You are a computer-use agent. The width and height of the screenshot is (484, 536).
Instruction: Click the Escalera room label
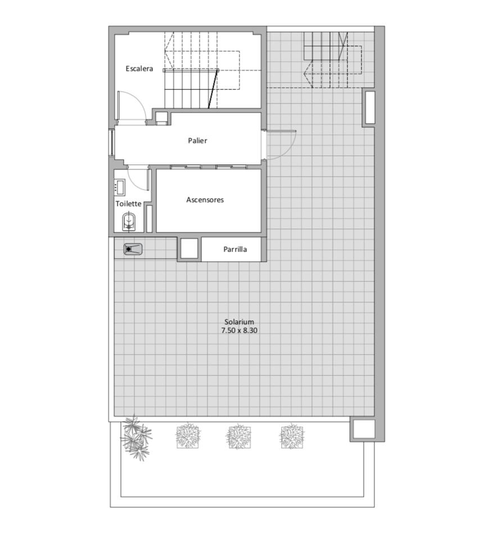tap(139, 68)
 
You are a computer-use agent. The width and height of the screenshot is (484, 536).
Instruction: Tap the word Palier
tap(197, 141)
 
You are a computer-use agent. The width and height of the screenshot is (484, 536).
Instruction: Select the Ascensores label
tap(205, 200)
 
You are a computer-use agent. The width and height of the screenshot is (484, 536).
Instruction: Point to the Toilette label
tap(128, 204)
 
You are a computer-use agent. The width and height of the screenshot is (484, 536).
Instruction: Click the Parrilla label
tap(235, 249)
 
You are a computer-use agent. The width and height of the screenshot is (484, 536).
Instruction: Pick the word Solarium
tap(239, 321)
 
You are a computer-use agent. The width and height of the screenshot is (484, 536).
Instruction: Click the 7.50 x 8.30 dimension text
tap(239, 330)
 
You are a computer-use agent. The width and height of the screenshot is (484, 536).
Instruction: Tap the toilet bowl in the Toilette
tap(129, 221)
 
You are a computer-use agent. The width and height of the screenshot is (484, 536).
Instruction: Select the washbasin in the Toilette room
tap(120, 187)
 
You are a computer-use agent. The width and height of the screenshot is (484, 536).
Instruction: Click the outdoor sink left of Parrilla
tap(133, 249)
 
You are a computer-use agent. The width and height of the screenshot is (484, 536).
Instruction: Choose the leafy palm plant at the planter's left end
tap(136, 438)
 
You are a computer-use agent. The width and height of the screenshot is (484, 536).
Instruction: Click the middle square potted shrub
tap(238, 436)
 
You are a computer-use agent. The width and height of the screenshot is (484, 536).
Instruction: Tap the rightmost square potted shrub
tap(292, 436)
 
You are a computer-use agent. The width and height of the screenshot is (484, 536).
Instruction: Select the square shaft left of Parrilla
tap(189, 249)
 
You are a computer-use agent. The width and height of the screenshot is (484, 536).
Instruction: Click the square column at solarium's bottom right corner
tap(363, 429)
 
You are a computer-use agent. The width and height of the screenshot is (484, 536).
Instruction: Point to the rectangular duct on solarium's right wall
tap(370, 108)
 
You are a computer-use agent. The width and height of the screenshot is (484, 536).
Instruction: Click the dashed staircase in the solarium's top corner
tap(333, 60)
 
